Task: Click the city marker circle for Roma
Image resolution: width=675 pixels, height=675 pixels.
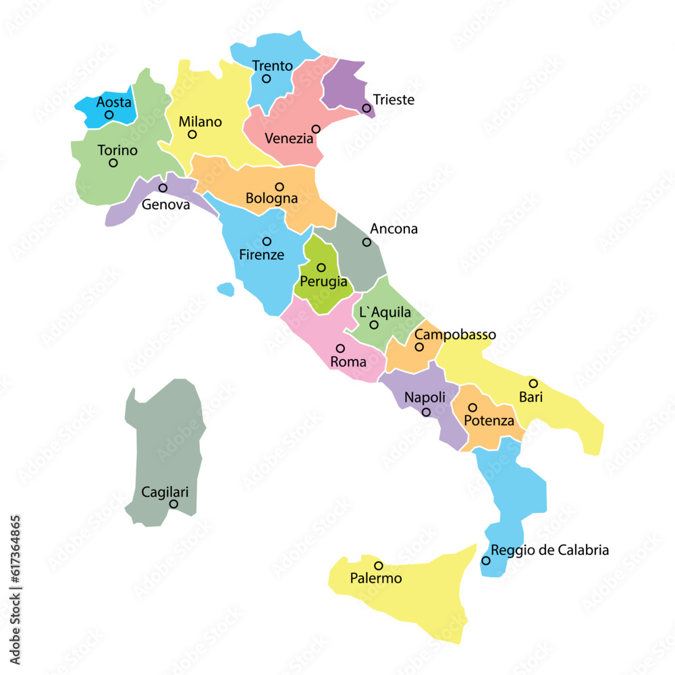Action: (x=340, y=348)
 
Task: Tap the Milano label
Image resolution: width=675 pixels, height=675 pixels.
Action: (x=200, y=122)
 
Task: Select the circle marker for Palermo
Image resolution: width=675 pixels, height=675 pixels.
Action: (x=378, y=566)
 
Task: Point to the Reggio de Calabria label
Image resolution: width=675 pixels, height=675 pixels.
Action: (x=549, y=550)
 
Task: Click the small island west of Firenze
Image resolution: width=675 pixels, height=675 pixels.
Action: (x=226, y=289)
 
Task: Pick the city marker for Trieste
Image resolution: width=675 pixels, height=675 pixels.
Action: (x=366, y=108)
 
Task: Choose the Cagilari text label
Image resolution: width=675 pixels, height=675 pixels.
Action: (x=165, y=492)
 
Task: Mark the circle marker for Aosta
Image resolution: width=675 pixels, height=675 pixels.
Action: (x=109, y=115)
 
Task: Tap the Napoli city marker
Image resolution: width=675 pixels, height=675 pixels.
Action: (x=426, y=412)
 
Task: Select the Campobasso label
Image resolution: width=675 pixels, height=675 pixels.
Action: (x=455, y=335)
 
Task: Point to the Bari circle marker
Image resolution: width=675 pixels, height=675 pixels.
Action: (x=533, y=383)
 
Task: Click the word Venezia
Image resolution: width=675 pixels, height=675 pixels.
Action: (x=289, y=138)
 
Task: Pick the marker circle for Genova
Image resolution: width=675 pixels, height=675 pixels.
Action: (x=163, y=188)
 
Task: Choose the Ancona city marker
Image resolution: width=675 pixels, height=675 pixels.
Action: (x=367, y=242)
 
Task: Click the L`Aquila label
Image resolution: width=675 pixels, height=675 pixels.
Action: (x=384, y=312)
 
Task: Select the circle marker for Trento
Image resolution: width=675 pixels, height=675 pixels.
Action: (x=266, y=79)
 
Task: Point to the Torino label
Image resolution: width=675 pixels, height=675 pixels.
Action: (x=117, y=151)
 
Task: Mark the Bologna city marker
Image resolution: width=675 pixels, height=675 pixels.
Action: (x=279, y=187)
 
